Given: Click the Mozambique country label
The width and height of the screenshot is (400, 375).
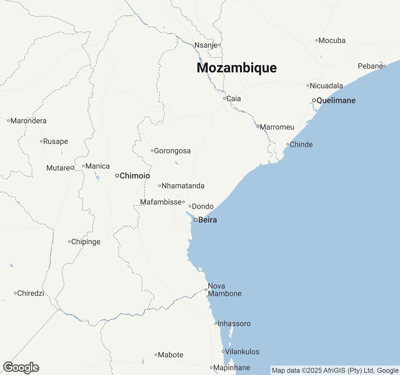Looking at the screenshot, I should (x=237, y=68).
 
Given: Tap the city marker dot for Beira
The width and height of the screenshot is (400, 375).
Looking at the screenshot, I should (x=196, y=220).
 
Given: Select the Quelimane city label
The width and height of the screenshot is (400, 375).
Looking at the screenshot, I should (x=336, y=100).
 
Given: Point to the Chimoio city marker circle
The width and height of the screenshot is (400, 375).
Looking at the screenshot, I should (x=117, y=176).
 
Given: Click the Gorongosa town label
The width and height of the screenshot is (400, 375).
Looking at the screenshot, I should (x=172, y=151).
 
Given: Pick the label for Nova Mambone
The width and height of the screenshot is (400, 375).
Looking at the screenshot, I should (x=225, y=290).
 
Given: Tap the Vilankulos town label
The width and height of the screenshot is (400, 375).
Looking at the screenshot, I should (x=242, y=352).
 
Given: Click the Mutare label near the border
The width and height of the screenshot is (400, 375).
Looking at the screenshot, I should (x=58, y=168).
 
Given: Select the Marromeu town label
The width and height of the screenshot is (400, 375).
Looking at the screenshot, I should (x=277, y=127).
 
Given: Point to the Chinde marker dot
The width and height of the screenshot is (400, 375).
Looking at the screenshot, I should (x=288, y=144).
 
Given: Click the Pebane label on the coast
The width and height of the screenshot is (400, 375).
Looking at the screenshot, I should (x=370, y=66).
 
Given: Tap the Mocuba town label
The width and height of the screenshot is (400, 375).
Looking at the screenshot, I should (x=332, y=41).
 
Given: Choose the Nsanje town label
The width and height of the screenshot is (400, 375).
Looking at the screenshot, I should (x=206, y=45).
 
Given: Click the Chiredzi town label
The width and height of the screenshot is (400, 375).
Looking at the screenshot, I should (x=31, y=293).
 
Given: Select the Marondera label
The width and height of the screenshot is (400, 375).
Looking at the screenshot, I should (x=28, y=121).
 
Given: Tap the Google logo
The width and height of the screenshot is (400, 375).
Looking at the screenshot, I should (x=21, y=368).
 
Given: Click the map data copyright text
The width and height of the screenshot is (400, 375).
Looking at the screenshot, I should (x=335, y=371).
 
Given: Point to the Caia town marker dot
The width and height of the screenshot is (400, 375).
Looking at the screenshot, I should (x=224, y=98).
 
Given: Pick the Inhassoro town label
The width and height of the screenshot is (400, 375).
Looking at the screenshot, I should (x=234, y=324).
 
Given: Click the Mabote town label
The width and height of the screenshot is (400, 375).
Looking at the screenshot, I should (x=171, y=355).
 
